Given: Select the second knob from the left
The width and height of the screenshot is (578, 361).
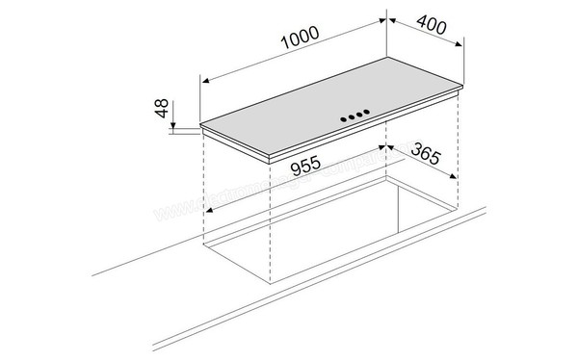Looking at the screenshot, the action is tap(349, 118).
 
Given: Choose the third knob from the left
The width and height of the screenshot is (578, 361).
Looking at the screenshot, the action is tap(359, 116).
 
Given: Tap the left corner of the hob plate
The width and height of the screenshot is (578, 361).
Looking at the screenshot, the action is tap(201, 125).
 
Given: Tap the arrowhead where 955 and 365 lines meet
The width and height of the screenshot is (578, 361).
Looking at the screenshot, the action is tap(386, 147).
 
